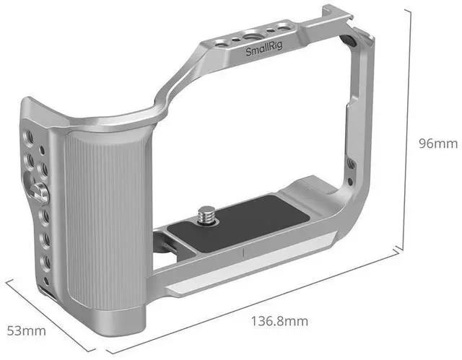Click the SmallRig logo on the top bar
[264, 49]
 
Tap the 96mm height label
[438, 144]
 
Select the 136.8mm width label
[279, 321]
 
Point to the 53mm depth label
[27, 331]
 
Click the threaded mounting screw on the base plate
[204, 215]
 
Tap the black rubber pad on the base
[239, 224]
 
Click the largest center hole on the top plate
[251, 37]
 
